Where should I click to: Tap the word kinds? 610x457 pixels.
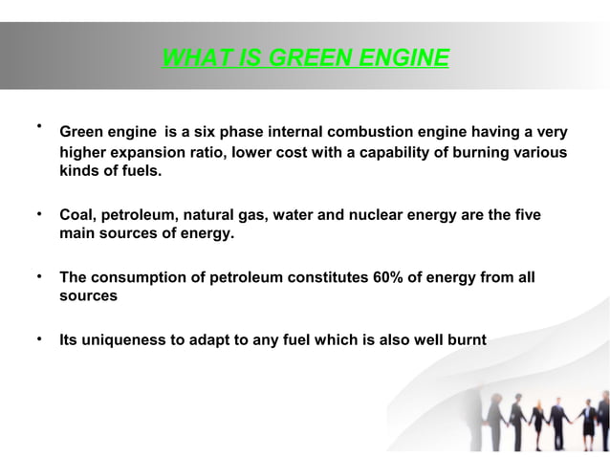[80, 172]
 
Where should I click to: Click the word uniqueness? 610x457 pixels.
[126, 338]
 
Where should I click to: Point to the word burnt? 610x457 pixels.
[464, 338]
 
